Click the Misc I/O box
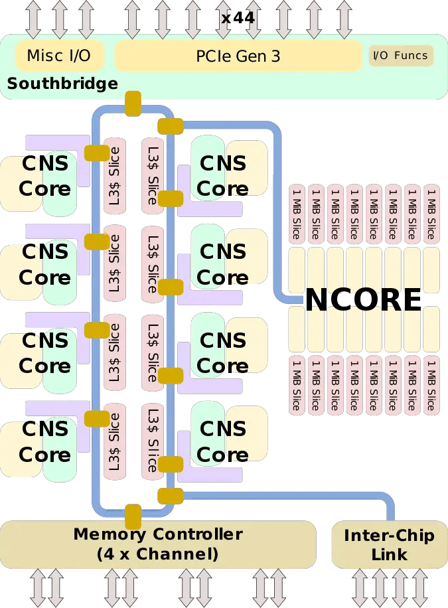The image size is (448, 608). tap(58, 56)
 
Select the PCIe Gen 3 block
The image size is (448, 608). tap(238, 56)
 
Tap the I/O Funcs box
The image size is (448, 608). tap(401, 56)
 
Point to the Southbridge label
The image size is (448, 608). tap(62, 84)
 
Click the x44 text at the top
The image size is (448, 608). tap(238, 18)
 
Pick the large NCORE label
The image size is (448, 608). tap(363, 300)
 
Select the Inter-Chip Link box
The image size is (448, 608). tap(389, 545)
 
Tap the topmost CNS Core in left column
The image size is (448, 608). tap(44, 176)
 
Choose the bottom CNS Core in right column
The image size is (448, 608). tap(222, 442)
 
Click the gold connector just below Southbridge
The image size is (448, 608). tap(133, 103)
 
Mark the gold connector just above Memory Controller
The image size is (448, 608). tap(133, 516)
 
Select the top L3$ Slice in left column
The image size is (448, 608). tap(114, 176)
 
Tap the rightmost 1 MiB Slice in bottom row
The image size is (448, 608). tap(431, 385)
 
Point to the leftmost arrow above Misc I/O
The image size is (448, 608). tap(33, 18)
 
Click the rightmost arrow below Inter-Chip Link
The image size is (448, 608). tap(420, 588)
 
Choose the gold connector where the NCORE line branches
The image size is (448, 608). tap(171, 125)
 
